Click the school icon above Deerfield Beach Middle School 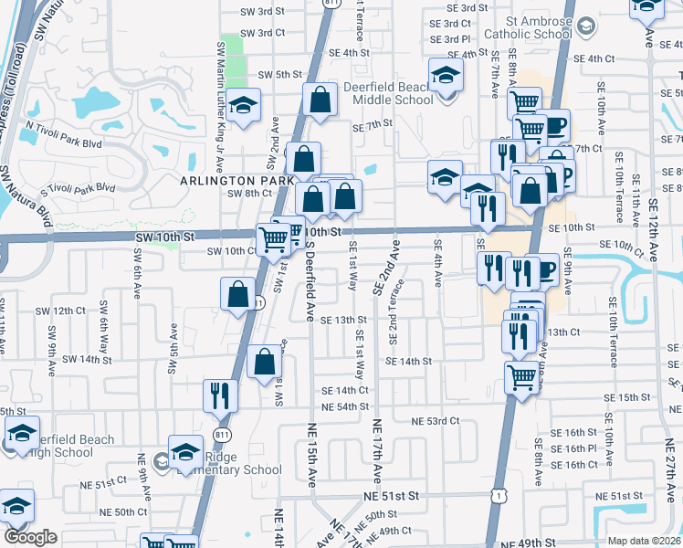point(446,74)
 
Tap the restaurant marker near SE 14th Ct point(220,395)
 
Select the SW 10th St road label point(163,237)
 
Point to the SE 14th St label point(407,362)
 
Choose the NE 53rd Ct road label point(435,421)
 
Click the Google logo point(30,538)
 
